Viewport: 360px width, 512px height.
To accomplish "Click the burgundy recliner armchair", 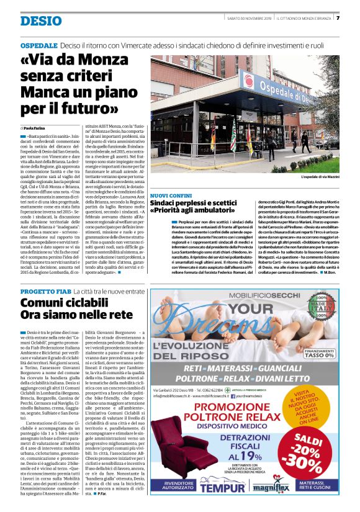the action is coord(181,444).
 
